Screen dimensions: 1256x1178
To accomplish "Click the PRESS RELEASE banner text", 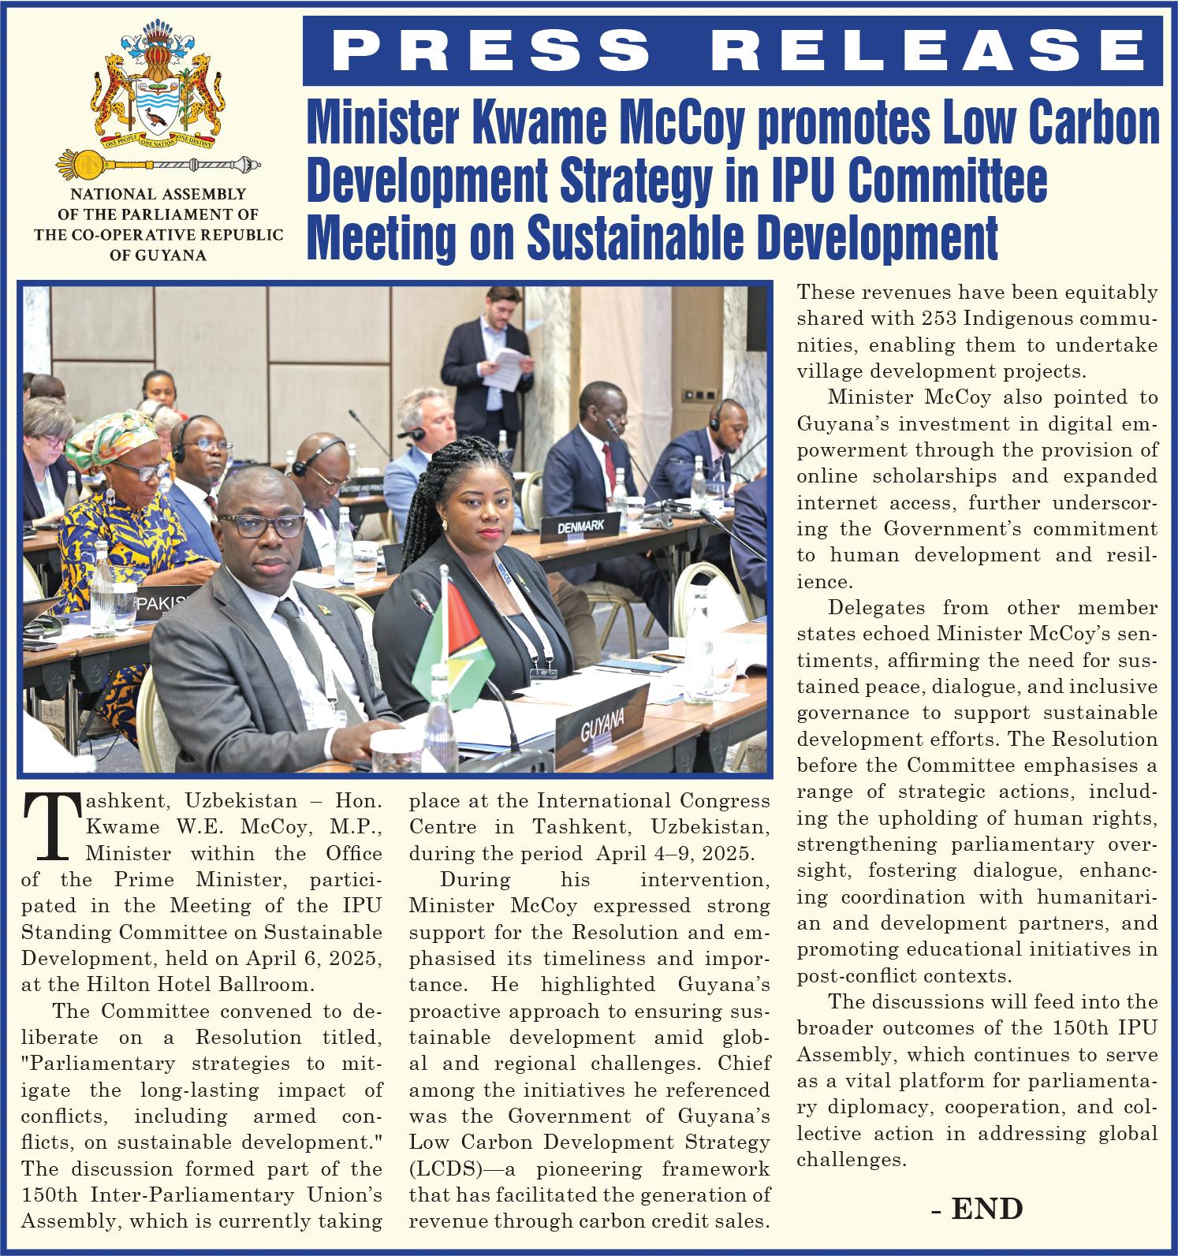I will [737, 50].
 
